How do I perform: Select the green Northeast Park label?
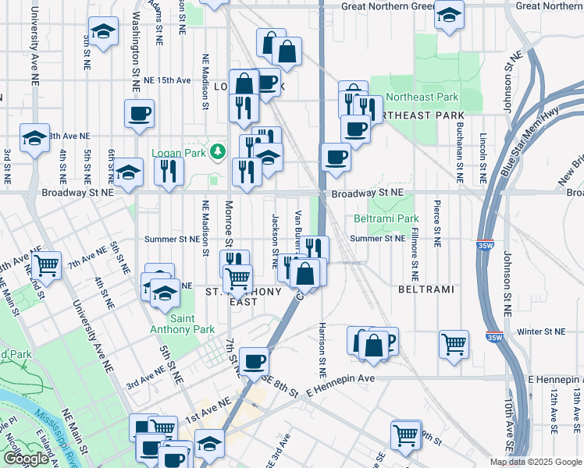pos(422,97)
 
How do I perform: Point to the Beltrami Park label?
pos(386,219)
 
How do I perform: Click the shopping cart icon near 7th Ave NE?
pos(47,265)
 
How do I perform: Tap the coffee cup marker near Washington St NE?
pos(139,113)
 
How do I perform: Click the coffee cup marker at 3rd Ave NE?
pos(255,361)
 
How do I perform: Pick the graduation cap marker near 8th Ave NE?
pos(34,138)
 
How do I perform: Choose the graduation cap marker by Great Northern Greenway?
pos(448,15)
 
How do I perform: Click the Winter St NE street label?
pos(540,332)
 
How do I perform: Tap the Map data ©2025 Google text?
pos(535,461)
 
